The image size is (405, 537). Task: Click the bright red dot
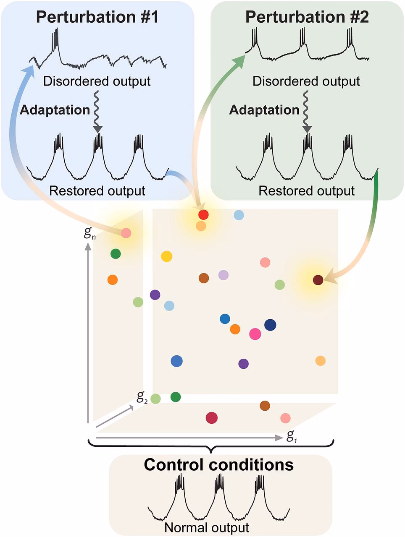[203, 215]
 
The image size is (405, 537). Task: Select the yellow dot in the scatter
[167, 256]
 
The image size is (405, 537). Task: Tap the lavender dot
[224, 275]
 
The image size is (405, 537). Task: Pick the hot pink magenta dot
[255, 334]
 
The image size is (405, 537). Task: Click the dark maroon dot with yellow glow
[318, 280]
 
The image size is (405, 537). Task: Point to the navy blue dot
[270, 325]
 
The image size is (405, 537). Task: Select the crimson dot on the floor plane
[212, 417]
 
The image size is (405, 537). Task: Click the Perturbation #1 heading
[97, 17]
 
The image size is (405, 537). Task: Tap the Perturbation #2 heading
[307, 17]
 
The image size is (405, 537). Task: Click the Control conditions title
[218, 465]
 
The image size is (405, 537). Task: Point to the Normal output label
[207, 527]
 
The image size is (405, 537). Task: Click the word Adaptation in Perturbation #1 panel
[55, 110]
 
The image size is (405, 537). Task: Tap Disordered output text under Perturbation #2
[306, 81]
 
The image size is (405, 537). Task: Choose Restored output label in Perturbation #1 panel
[97, 191]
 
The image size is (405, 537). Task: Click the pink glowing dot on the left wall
[126, 233]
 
